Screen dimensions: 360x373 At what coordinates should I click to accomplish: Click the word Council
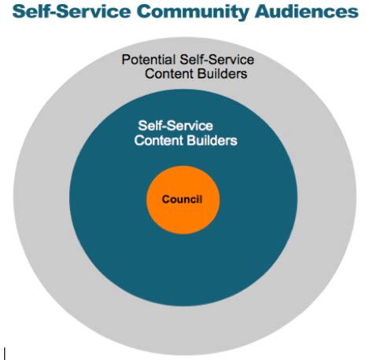(x=182, y=200)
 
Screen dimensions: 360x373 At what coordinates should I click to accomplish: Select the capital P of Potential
(x=125, y=60)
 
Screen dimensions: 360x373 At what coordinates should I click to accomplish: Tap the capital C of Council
(x=165, y=200)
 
